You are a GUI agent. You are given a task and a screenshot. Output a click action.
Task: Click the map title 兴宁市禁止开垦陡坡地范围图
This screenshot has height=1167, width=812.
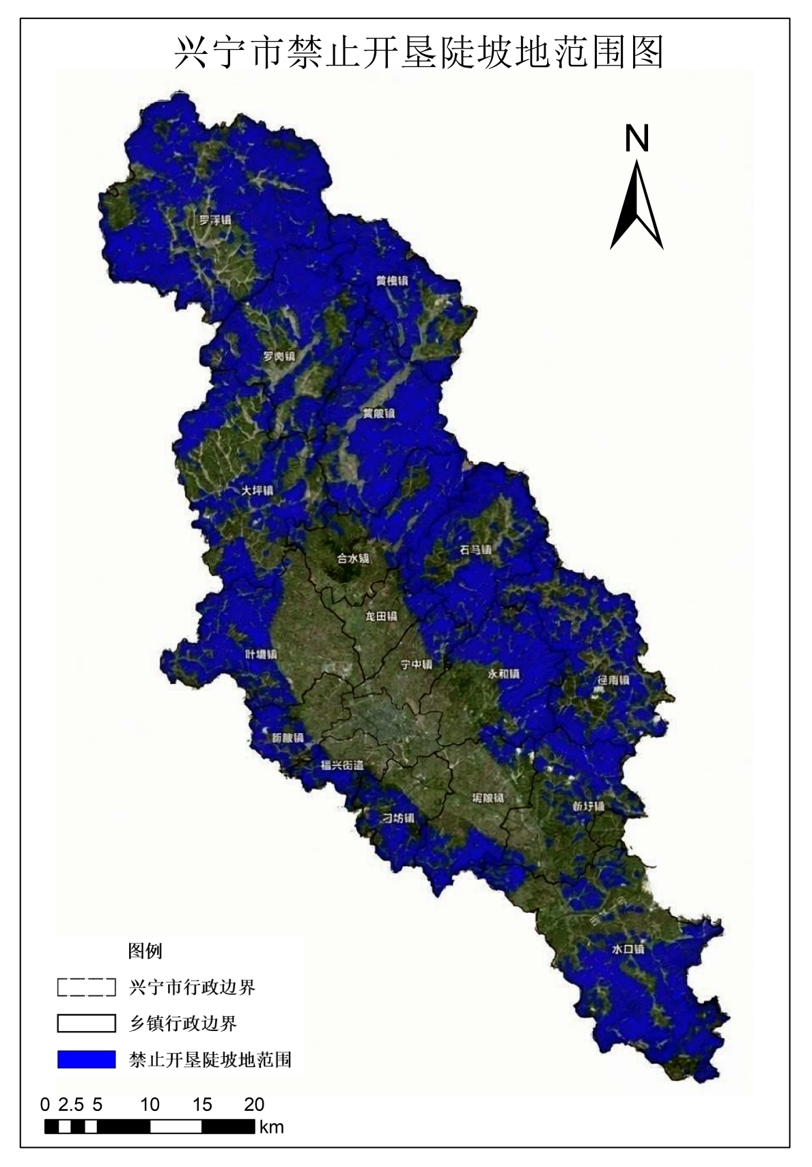419,52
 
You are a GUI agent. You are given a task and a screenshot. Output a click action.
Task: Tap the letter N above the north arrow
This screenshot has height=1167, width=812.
636,139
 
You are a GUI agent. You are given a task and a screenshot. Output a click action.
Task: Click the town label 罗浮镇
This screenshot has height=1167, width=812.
214,221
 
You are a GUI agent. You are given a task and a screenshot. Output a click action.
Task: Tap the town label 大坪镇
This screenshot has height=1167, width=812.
257,491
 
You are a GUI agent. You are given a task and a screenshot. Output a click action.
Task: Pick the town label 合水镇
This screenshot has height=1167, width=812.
354,558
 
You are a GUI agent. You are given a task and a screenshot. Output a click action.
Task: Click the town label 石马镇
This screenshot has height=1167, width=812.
475,549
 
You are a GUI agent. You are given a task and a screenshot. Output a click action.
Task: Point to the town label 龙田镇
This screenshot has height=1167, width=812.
380,616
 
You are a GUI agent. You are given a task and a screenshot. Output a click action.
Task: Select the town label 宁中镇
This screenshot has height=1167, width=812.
416,664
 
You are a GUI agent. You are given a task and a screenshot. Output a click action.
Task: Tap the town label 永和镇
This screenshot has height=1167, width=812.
503,674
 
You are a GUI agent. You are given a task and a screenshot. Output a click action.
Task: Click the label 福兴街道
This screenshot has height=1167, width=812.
342,766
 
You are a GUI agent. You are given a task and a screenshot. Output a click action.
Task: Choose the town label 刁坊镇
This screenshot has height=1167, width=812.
397,819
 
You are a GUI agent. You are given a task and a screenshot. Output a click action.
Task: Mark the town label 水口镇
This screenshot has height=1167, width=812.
628,950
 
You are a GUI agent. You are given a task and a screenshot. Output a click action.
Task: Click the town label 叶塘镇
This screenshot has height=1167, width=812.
261,654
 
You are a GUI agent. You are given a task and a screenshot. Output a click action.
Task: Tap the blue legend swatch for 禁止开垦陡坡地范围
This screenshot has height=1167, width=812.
87,1059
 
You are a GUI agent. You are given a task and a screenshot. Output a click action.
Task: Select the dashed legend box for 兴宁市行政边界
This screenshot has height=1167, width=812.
87,987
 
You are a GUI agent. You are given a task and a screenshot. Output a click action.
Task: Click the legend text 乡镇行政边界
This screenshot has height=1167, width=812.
183,1024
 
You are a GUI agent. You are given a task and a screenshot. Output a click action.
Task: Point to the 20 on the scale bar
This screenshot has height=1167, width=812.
254,1105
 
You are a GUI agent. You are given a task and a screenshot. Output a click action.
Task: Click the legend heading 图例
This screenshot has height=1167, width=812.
145,950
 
